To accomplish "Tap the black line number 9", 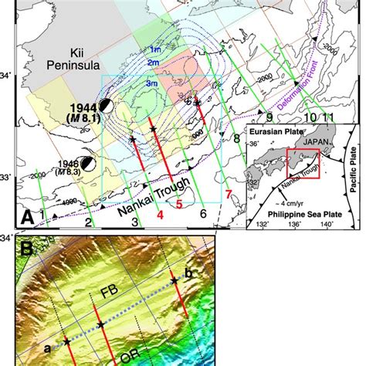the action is point(269,116).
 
